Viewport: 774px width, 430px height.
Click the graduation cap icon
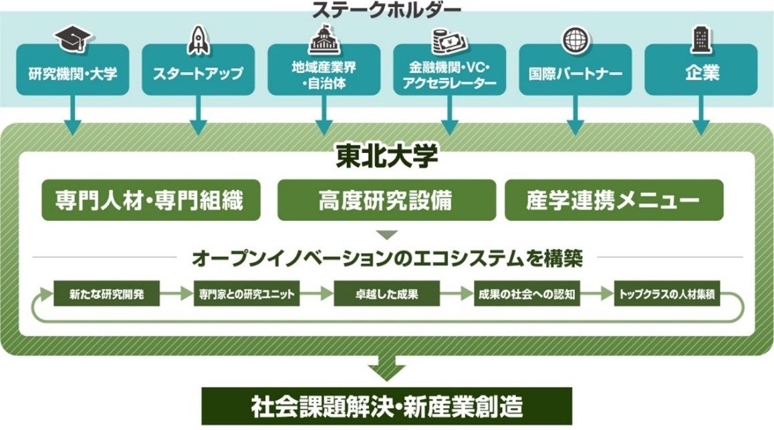(73, 39)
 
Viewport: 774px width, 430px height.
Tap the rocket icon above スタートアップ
(199, 39)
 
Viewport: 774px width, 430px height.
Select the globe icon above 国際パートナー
(575, 39)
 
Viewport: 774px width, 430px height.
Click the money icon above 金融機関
(449, 41)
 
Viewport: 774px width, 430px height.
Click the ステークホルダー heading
(386, 10)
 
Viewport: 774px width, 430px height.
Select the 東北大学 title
(386, 158)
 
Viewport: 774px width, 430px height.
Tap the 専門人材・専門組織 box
(150, 199)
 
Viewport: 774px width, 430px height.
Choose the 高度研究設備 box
(386, 199)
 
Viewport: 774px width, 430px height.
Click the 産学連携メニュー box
(614, 199)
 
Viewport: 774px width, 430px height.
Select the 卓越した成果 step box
(386, 294)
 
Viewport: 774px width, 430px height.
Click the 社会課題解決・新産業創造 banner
(387, 405)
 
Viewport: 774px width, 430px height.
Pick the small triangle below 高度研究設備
(386, 235)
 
